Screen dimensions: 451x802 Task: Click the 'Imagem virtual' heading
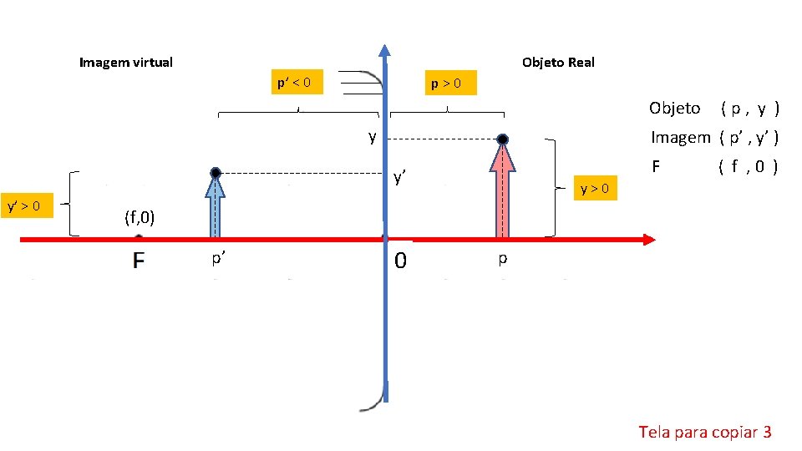[125, 62]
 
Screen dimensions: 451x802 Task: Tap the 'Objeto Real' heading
[558, 62]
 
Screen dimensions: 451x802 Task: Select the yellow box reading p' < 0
[296, 82]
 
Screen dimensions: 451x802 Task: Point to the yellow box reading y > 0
[595, 190]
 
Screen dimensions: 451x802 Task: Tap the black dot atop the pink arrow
[502, 139]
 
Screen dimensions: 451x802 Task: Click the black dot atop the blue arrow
[216, 173]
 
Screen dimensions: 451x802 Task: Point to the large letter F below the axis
[139, 261]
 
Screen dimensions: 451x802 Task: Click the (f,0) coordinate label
[139, 219]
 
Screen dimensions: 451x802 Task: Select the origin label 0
[401, 261]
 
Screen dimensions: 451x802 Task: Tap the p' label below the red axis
[217, 259]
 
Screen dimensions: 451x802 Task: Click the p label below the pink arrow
[502, 259]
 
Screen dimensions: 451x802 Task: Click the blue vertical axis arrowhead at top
[383, 52]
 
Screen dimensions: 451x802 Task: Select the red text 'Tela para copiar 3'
[704, 432]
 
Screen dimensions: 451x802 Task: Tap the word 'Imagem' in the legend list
[678, 138]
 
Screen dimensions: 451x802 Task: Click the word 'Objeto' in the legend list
[674, 108]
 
